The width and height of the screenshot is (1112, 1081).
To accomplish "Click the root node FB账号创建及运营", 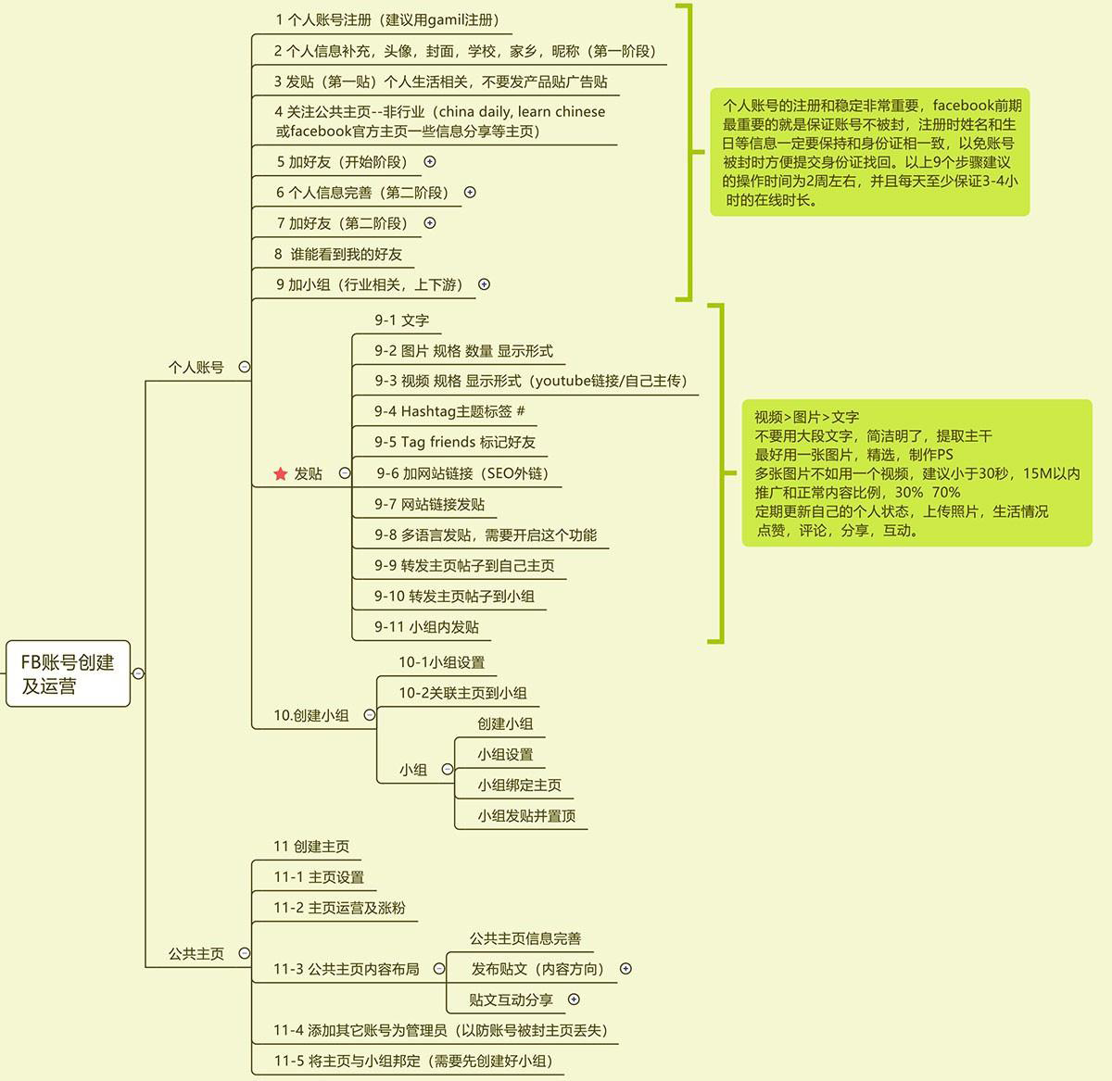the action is (x=68, y=673).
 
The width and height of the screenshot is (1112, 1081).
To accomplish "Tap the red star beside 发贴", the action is (x=280, y=473).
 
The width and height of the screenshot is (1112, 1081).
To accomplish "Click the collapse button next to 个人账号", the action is (x=245, y=367).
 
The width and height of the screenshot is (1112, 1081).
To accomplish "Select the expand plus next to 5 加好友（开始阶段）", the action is (x=430, y=162).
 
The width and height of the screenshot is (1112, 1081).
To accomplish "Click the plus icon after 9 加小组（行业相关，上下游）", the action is (x=484, y=284).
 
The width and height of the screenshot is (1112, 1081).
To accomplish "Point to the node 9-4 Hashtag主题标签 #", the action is (x=449, y=411).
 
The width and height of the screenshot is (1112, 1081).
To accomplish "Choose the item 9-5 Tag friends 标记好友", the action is (x=455, y=442).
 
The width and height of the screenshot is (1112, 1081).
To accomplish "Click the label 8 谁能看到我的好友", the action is (x=337, y=254).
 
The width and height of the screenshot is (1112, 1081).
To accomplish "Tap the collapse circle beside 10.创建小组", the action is (x=370, y=715).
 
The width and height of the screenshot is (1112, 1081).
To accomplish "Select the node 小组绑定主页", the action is (x=520, y=785).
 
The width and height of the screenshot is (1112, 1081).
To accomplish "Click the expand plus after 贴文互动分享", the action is (x=575, y=999).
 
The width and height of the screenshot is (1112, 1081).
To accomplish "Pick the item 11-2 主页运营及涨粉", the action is (x=339, y=908).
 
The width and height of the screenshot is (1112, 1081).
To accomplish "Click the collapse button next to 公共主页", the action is (x=245, y=953).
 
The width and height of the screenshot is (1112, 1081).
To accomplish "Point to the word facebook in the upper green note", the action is (x=963, y=105).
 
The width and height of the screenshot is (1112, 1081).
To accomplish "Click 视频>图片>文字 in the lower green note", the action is (x=806, y=417).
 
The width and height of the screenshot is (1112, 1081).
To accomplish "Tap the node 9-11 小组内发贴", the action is (x=426, y=627).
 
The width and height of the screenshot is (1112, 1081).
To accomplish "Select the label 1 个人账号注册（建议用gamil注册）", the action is (x=388, y=20).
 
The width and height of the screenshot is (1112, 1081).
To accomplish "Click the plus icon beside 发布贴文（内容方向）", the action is (x=625, y=968).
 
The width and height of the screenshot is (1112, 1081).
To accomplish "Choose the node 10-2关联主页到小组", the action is (x=462, y=693).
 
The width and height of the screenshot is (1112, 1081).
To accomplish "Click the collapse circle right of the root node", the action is (x=138, y=673).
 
